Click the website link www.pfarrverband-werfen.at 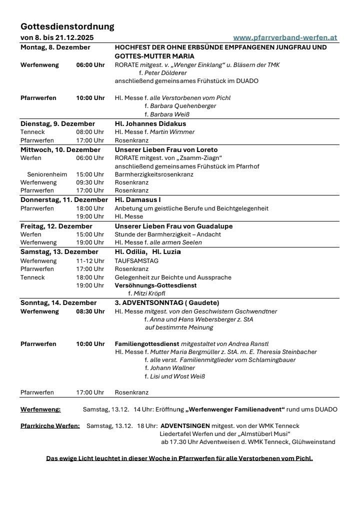coord(285,37)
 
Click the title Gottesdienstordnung coord(67,26)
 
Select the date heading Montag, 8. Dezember coord(55,47)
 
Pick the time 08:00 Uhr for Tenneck coord(90,132)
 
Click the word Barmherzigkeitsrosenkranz coord(154,174)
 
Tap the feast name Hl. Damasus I coord(137,200)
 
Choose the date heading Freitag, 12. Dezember coord(56,226)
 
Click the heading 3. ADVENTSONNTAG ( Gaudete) coord(167,303)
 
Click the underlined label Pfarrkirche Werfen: coord(50,426)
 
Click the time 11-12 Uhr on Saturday coord(90,261)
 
